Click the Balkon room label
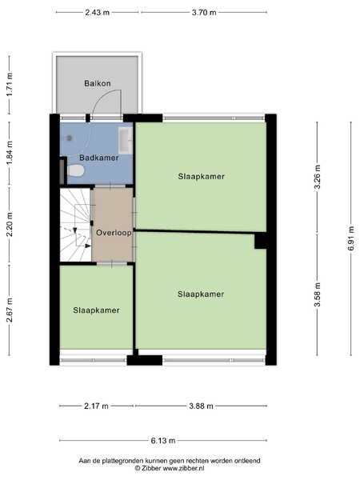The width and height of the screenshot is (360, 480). [x=98, y=83]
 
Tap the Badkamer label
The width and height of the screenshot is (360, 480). [x=99, y=158]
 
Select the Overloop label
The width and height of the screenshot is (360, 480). [x=114, y=233]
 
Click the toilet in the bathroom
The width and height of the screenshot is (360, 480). [x=75, y=170]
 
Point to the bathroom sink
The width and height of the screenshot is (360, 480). [x=126, y=141]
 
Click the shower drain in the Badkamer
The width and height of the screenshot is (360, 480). [x=70, y=138]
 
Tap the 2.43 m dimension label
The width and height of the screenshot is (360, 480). [x=98, y=13]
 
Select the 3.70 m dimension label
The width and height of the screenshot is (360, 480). [x=204, y=13]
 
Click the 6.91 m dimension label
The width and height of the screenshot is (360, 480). [x=351, y=238]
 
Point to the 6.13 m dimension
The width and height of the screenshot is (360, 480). [x=163, y=441]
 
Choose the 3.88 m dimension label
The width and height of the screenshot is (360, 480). [x=201, y=406]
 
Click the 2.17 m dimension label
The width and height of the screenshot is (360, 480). [x=96, y=406]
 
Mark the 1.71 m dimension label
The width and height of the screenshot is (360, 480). [x=10, y=85]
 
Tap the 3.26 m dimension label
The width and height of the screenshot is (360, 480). [x=318, y=178]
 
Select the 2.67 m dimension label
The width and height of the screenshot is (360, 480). [x=10, y=310]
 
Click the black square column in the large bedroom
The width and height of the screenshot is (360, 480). [x=261, y=241]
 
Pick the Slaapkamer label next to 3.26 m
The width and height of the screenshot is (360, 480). [x=201, y=176]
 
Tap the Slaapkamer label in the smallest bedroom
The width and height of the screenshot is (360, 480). [x=96, y=310]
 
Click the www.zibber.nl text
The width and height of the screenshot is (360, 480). [x=183, y=468]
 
